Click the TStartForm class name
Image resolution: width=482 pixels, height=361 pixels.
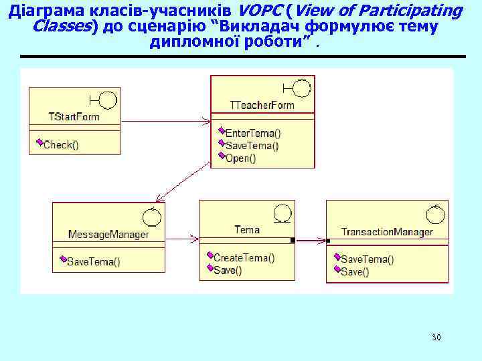(x=74, y=116)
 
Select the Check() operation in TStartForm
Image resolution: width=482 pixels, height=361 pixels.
(x=61, y=144)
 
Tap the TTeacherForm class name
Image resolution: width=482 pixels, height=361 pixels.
(x=262, y=105)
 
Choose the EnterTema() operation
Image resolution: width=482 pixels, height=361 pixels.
(x=253, y=133)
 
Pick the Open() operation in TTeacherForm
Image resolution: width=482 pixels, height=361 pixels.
(x=240, y=158)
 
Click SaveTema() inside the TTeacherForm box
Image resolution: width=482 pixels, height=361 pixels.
(x=252, y=146)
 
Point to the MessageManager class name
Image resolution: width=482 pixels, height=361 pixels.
(x=108, y=235)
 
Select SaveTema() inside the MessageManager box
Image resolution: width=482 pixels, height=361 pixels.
(x=94, y=261)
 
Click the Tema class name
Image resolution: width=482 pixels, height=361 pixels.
(x=246, y=229)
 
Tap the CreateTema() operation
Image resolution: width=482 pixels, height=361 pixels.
(x=244, y=257)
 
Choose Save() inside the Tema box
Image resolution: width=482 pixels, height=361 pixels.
(x=228, y=270)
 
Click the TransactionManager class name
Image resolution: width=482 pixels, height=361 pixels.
(x=387, y=232)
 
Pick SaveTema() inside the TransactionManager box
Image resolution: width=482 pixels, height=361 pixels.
(x=368, y=259)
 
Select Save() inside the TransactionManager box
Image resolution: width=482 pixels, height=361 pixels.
(x=355, y=271)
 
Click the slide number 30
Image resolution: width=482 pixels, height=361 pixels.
(x=436, y=337)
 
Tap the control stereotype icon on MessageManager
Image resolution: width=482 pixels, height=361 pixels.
(x=151, y=217)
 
